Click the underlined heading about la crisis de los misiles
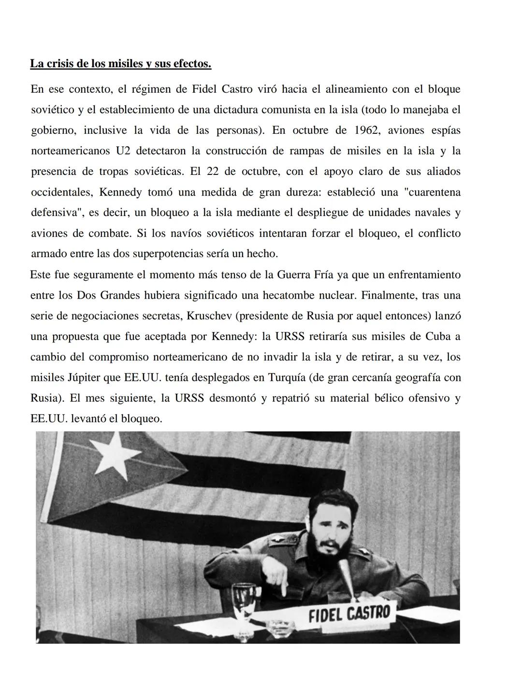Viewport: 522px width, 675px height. (x=120, y=64)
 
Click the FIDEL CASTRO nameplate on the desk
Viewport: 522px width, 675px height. (x=349, y=614)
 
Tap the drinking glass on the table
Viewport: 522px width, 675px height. (x=244, y=601)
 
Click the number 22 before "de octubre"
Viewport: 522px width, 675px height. (x=213, y=172)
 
